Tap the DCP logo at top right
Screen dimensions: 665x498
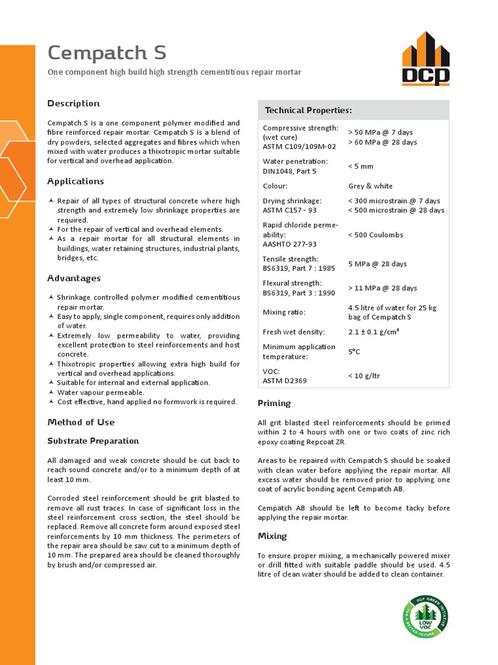425,58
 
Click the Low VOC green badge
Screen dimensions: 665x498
425,615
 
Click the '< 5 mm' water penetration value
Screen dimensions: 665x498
361,166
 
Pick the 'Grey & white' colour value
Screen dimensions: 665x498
370,186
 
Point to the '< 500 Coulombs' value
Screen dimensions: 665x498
375,234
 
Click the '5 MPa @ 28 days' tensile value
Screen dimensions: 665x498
377,264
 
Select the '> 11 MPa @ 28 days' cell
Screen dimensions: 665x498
383,288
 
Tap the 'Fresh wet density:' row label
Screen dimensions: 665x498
290,332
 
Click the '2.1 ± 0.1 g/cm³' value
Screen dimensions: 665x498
373,332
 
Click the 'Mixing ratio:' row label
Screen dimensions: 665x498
283,312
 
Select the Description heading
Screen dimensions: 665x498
73,103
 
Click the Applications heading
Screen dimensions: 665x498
75,181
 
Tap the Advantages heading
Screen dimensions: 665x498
74,278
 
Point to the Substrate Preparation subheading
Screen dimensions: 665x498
93,441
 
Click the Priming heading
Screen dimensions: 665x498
274,403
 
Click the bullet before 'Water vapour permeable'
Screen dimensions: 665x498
51,392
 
